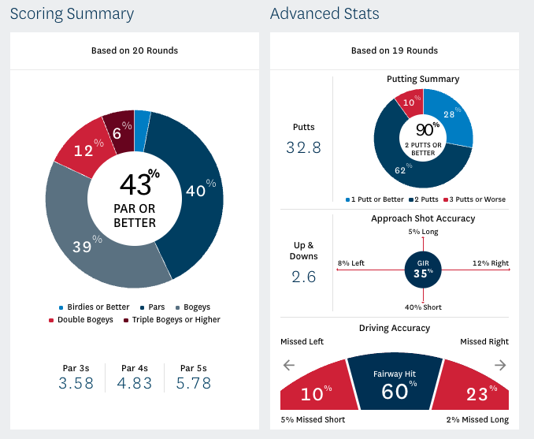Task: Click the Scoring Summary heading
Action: point(72,14)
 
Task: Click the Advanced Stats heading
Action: point(324,14)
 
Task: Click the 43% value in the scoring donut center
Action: point(139,184)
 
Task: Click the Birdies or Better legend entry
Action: point(94,307)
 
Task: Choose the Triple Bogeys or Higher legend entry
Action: point(175,319)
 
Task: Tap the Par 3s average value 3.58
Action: point(76,384)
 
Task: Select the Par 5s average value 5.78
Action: point(194,384)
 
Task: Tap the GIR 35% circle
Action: point(423,270)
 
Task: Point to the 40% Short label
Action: point(423,307)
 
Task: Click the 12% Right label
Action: point(490,263)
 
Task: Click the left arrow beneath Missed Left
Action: point(288,365)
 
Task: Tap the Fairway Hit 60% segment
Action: point(394,386)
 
